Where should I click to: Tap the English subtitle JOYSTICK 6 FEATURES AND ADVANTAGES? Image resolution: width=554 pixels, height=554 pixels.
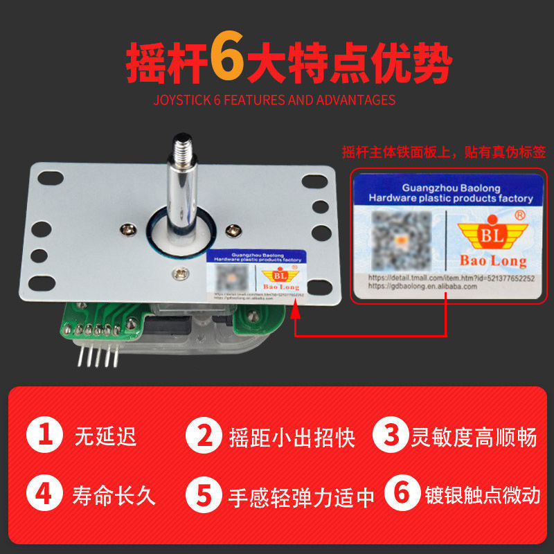click(x=274, y=100)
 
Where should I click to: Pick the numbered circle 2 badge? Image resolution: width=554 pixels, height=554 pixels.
click(x=205, y=437)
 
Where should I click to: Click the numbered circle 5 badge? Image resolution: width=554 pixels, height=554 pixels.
click(x=205, y=495)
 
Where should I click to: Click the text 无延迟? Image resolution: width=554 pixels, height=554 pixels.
click(x=105, y=437)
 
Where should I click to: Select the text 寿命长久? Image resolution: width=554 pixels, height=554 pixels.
click(x=114, y=495)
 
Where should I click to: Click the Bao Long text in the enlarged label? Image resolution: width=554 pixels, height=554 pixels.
click(x=493, y=261)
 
